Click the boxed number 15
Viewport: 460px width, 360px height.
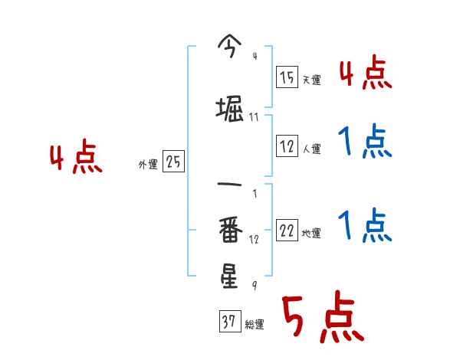coord(287,77)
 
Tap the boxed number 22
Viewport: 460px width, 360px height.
coord(287,231)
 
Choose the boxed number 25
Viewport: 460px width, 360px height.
coord(174,162)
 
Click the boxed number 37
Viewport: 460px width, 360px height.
coord(229,322)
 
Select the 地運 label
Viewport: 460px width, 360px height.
coord(312,234)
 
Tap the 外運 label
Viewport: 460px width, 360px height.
coord(148,165)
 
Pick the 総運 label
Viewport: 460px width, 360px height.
coord(255,325)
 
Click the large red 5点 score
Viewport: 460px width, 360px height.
coord(322,318)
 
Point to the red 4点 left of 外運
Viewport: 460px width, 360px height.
coord(75,159)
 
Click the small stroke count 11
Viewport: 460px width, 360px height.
coord(254,116)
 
